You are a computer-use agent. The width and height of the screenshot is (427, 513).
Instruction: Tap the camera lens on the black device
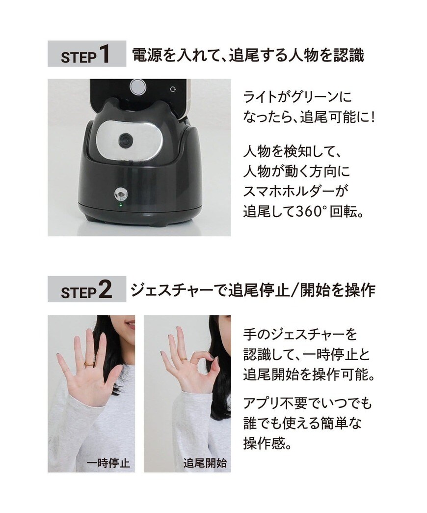click(x=126, y=140)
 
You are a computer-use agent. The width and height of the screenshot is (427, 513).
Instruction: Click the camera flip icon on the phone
click(x=172, y=89)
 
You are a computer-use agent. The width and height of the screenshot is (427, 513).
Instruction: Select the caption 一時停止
click(x=108, y=463)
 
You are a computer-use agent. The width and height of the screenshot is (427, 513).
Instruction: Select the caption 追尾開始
click(x=205, y=463)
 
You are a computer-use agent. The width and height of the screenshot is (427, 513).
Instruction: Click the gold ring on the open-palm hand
click(x=89, y=364)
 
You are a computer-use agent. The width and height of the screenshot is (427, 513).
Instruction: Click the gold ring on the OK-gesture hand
click(x=183, y=360)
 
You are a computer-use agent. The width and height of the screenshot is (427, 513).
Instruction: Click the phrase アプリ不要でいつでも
click(x=308, y=404)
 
